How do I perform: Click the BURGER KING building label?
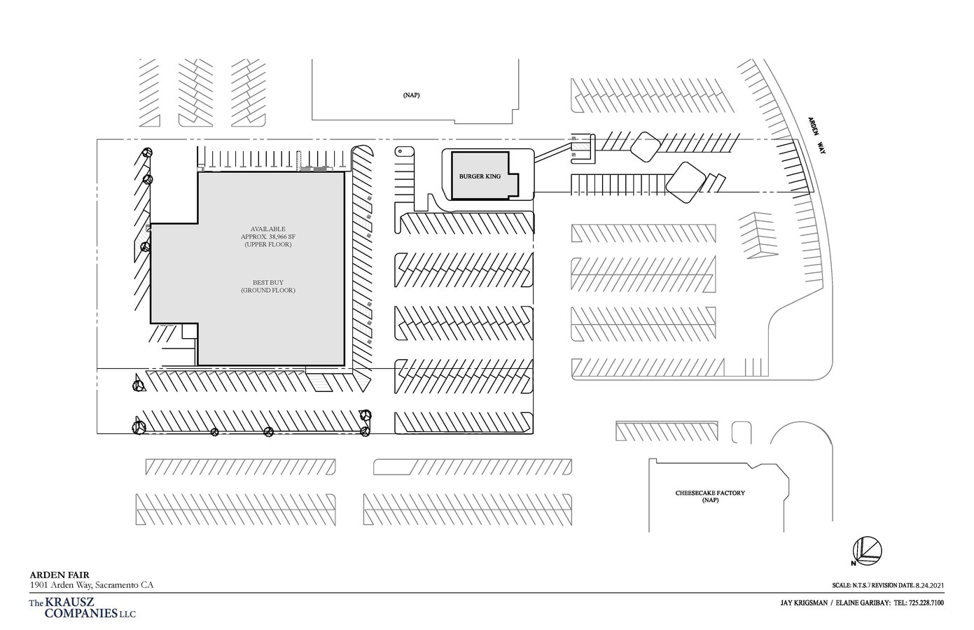click(480, 176)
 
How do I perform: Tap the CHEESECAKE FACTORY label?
click(710, 493)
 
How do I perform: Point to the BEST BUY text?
click(268, 283)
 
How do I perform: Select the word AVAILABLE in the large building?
click(268, 229)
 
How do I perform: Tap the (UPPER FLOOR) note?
click(268, 245)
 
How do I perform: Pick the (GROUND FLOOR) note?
click(268, 290)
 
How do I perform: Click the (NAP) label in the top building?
click(411, 95)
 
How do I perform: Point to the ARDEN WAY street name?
click(816, 135)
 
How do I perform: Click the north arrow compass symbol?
click(867, 552)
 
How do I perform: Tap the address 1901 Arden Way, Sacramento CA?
click(91, 585)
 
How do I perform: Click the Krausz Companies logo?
click(82, 608)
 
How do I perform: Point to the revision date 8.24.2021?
click(928, 586)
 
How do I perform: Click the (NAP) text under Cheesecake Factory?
click(710, 500)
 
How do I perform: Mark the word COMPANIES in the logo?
click(81, 613)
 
